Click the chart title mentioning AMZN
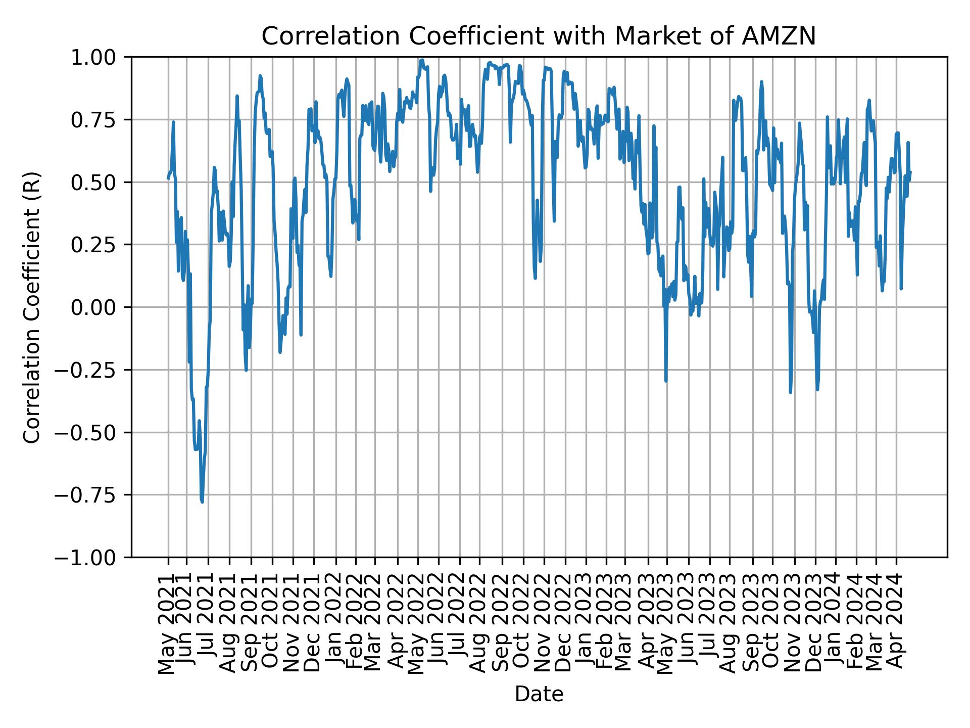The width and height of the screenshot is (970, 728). [539, 36]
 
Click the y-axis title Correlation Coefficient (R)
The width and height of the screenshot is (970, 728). [32, 307]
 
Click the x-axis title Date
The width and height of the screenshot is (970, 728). [539, 694]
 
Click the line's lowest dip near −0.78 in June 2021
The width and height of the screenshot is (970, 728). [202, 502]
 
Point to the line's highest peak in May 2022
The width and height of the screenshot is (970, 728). [422, 60]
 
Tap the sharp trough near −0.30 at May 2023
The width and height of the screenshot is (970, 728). [666, 381]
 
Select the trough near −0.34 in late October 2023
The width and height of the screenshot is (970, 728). [790, 392]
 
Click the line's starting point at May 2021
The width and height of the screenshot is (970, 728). [168, 178]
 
